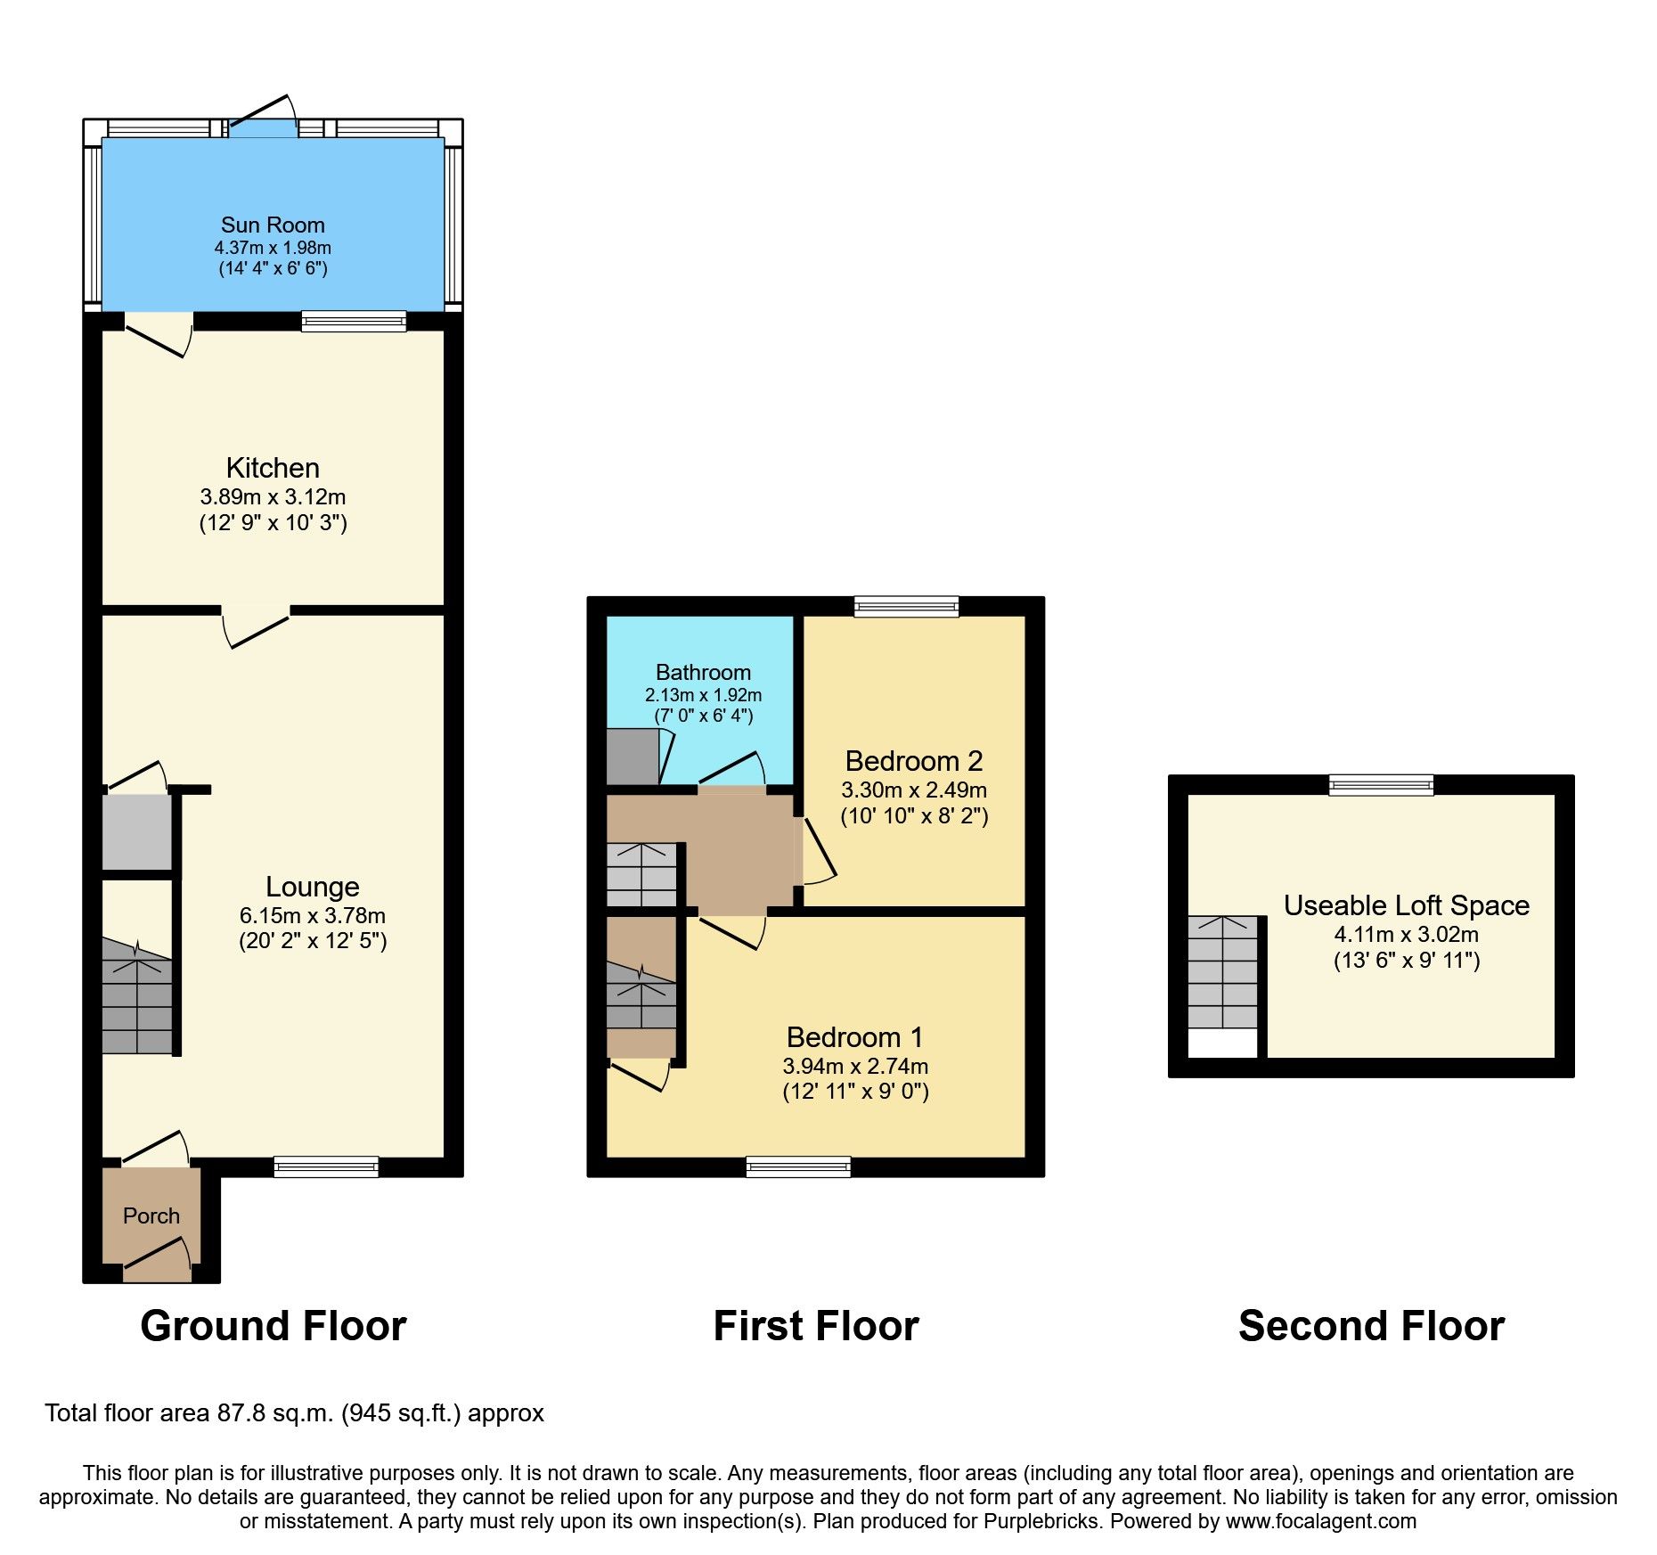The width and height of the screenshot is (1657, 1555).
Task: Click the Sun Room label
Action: [x=273, y=225]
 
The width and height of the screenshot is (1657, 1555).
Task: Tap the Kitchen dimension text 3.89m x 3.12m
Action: [x=273, y=496]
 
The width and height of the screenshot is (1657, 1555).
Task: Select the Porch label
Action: [x=151, y=1215]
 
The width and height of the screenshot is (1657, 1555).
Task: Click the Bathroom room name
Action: [x=703, y=672]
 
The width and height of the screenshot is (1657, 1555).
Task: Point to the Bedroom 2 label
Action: [x=914, y=761]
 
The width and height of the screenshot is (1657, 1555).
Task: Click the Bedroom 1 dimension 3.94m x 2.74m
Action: [x=855, y=1066]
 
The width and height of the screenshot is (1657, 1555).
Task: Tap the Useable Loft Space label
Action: [x=1406, y=905]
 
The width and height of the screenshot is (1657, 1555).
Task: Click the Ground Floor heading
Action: [x=273, y=1326]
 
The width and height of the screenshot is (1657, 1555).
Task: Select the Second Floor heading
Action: [x=1371, y=1326]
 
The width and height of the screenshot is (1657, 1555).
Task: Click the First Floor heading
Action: [x=816, y=1326]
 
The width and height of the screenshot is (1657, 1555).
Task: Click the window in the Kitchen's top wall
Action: [x=354, y=321]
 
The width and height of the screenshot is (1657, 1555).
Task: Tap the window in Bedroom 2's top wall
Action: [x=906, y=607]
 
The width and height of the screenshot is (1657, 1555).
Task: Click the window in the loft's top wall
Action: [x=1381, y=785]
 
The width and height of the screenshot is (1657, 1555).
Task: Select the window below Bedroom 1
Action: [x=798, y=1166]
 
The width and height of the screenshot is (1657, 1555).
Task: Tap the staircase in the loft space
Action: [x=1222, y=973]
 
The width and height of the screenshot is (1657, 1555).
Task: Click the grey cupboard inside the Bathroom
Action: [x=633, y=757]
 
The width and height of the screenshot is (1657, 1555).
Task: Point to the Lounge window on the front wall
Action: [x=326, y=1166]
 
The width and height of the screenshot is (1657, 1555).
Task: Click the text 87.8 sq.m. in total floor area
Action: [x=276, y=1413]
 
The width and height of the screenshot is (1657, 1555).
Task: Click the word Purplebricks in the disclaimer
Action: [x=1041, y=1521]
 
